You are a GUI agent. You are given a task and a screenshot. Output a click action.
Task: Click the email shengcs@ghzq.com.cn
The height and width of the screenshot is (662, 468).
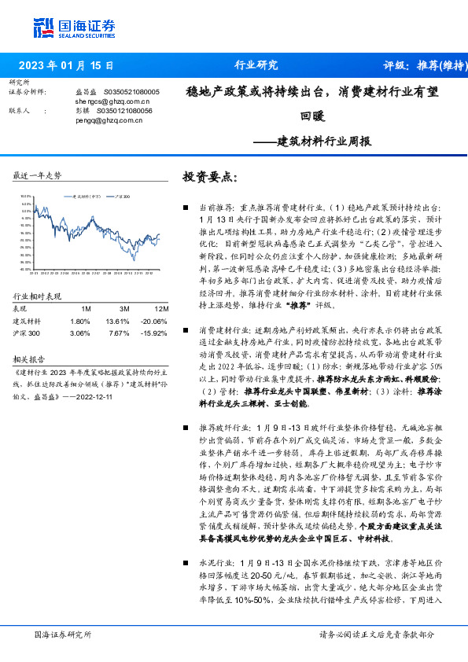(x=112, y=102)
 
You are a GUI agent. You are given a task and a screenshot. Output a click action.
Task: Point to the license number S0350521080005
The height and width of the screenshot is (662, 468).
(x=131, y=93)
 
